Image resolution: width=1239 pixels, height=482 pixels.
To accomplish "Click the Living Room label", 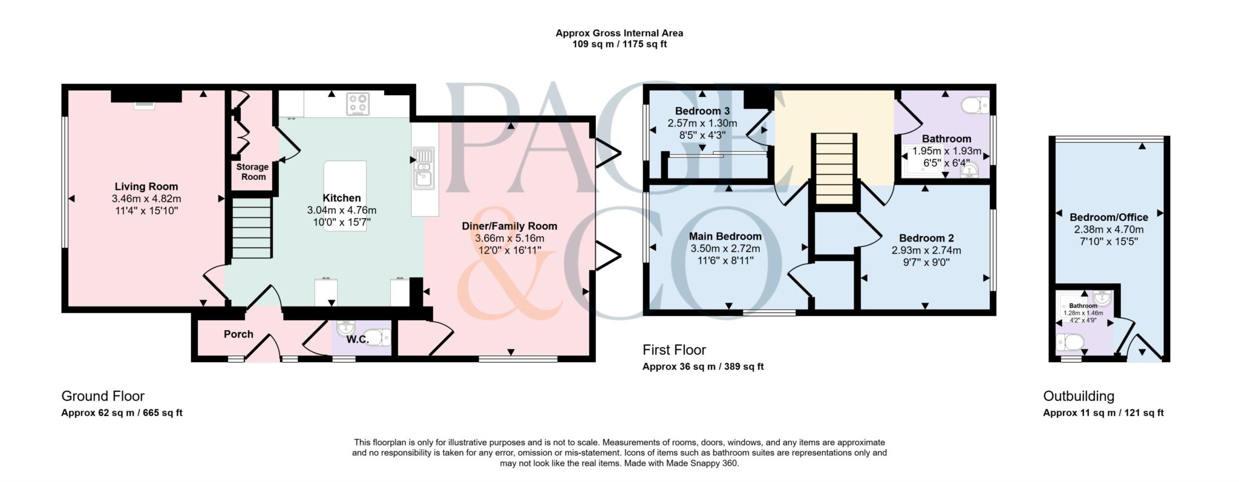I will click(x=146, y=187).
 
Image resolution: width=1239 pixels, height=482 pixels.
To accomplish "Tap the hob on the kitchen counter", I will click(x=358, y=104).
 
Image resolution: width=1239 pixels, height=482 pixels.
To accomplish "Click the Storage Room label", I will click(x=252, y=171).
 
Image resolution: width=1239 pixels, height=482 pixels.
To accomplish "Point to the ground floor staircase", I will click(x=251, y=230).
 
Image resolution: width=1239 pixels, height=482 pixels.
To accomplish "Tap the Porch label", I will click(x=238, y=334).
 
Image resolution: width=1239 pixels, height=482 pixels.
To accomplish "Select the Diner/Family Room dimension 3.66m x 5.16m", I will click(x=509, y=238).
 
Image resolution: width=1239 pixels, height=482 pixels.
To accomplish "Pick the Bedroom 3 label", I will click(x=702, y=111).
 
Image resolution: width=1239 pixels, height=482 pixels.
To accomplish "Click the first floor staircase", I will click(x=835, y=169).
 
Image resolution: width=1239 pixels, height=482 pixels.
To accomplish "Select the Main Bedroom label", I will click(x=725, y=236).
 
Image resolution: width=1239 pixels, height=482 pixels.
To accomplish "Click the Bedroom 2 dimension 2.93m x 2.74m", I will click(x=926, y=250).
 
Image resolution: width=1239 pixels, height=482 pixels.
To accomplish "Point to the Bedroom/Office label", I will click(x=1108, y=217).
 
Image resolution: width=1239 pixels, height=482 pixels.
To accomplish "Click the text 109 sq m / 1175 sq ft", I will click(x=619, y=44).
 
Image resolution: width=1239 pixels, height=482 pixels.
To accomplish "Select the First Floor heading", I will click(x=674, y=350).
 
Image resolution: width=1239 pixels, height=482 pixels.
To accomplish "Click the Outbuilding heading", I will click(x=1078, y=396).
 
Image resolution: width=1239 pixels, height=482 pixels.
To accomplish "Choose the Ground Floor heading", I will click(x=103, y=396).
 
